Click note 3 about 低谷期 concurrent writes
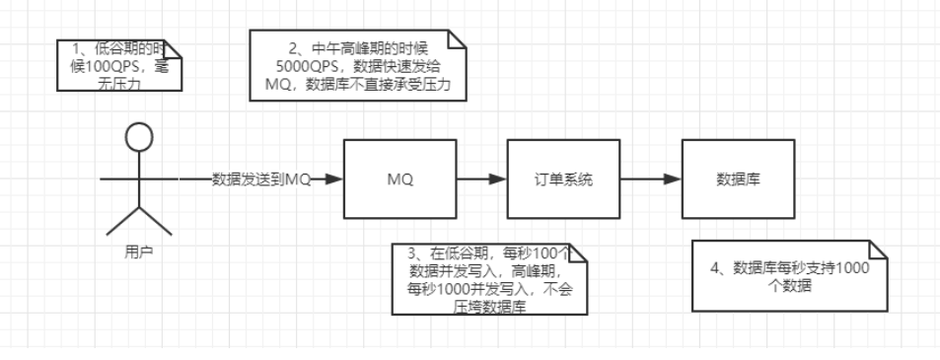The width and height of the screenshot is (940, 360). click(x=489, y=279)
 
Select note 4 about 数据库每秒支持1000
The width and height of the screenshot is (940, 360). click(x=791, y=273)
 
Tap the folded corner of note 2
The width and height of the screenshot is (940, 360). click(x=456, y=39)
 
